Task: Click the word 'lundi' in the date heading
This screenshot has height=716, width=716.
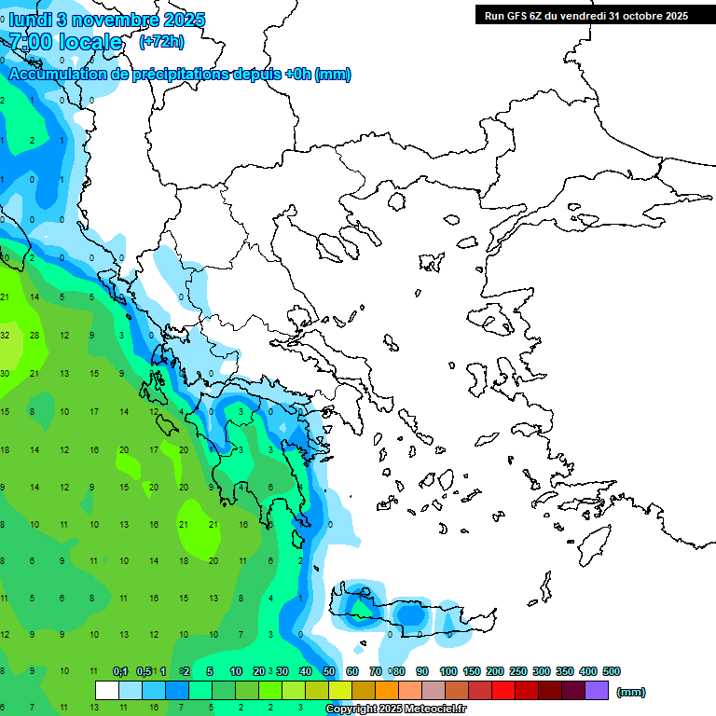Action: click(x=30, y=20)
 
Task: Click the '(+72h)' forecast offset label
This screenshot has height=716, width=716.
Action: click(x=161, y=42)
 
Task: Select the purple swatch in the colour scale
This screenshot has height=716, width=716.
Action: click(x=597, y=691)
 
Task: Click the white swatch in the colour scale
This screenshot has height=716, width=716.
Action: click(x=107, y=691)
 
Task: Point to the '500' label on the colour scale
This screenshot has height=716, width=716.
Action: click(x=612, y=671)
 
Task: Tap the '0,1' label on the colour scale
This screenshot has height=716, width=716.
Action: click(x=120, y=671)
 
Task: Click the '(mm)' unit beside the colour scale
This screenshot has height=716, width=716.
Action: click(x=631, y=692)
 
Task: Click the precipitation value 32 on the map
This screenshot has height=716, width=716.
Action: click(x=5, y=335)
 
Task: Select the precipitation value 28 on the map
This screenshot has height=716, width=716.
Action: click(x=34, y=335)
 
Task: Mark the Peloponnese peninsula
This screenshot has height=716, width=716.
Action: click(x=261, y=485)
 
